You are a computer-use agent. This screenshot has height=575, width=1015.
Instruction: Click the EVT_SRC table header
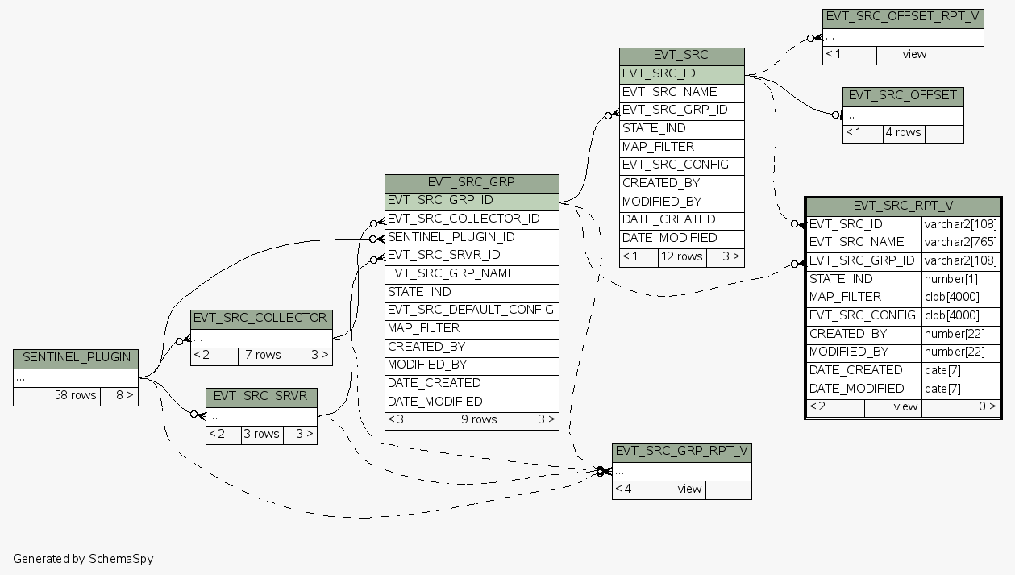[681, 56]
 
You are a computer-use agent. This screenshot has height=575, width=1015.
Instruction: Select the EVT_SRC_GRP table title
[471, 182]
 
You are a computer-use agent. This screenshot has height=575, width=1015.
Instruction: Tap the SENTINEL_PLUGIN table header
[76, 357]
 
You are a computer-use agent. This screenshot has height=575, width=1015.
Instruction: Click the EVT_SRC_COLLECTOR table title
[260, 318]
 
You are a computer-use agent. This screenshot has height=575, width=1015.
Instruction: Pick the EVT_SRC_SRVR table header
[261, 397]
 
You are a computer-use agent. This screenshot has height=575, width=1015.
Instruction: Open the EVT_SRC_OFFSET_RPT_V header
[903, 17]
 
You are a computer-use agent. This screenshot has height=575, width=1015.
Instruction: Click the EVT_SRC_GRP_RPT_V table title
[681, 451]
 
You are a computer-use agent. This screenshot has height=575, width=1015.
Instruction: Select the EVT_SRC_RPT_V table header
[903, 206]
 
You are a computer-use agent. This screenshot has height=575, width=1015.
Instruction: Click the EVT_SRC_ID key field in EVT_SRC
[681, 73]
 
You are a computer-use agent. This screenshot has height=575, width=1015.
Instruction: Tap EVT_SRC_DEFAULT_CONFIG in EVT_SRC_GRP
[471, 310]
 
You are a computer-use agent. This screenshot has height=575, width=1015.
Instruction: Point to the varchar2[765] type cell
[960, 242]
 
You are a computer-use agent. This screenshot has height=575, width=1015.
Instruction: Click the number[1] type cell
[960, 279]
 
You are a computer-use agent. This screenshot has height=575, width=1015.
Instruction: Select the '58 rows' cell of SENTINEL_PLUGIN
[76, 395]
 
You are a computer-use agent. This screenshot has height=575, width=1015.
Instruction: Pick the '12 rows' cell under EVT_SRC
[681, 256]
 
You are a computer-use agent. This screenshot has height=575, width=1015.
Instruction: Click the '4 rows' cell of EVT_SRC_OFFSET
[903, 132]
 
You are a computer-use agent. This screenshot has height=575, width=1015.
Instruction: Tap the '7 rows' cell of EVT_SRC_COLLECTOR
[262, 355]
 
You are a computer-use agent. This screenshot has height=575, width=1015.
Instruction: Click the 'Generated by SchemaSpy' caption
[83, 558]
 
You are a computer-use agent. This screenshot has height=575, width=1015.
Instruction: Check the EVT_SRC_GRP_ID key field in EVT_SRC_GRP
[471, 201]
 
